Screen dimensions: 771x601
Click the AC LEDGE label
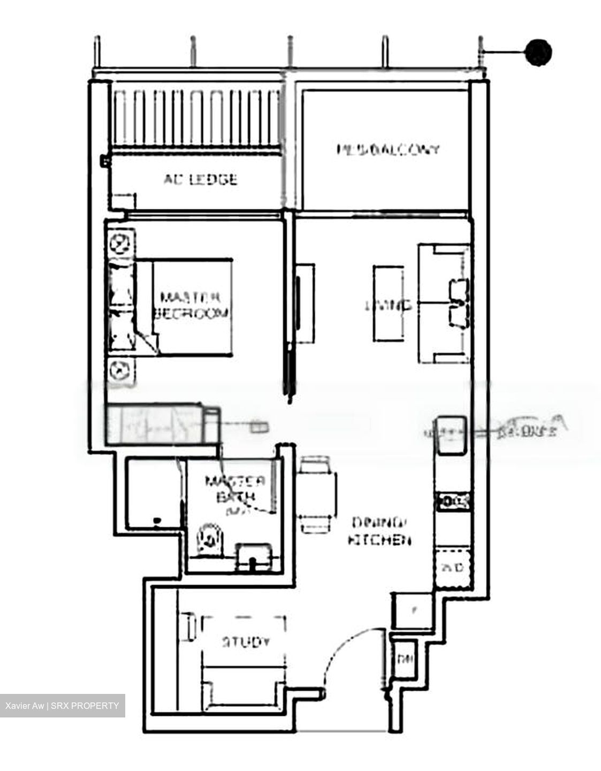200,179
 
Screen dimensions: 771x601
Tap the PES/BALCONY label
387,149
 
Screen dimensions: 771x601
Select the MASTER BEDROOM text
191,305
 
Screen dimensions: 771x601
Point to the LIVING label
388,305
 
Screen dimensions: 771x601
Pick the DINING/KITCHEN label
379,531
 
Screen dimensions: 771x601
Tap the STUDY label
246,641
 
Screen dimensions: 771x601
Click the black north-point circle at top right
538,52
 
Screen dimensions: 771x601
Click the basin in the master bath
252,555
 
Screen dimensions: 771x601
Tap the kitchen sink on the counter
450,434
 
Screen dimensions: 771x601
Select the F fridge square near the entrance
413,610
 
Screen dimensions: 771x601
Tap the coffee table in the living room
388,303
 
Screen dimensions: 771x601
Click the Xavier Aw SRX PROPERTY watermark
62,706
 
